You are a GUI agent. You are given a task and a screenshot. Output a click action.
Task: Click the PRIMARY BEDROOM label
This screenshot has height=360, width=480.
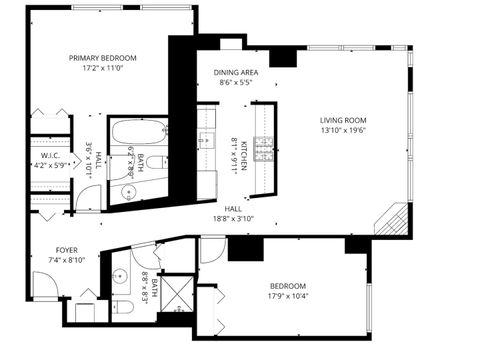(102, 58)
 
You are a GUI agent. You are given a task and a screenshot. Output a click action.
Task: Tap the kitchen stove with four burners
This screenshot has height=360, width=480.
(265, 150)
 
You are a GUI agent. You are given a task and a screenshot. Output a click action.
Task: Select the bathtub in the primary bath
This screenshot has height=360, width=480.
(129, 132)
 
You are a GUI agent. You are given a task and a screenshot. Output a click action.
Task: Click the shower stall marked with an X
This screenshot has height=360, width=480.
(177, 292)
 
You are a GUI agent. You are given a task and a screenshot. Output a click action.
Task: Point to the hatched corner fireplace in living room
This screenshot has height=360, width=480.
(393, 219)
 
